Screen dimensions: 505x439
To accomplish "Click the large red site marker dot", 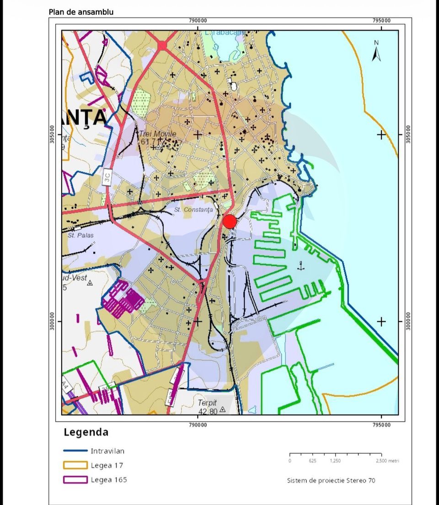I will coord(230,222).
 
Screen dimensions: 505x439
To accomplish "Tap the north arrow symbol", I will coord(376,51).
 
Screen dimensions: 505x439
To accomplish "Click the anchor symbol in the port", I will coord(300,266).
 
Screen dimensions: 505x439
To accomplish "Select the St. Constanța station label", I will coord(194,209).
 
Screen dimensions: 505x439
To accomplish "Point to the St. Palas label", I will coord(80,235).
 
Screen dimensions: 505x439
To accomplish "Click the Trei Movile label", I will coord(157,133).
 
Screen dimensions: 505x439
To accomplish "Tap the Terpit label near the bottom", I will coord(207,403).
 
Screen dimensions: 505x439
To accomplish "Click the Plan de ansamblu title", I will coord(81,12).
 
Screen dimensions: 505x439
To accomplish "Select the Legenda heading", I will coord(86,432).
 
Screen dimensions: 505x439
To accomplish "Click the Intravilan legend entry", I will coord(107,451).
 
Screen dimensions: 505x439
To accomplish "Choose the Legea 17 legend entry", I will coord(107,466).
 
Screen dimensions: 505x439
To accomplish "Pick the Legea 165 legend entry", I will coord(108,480).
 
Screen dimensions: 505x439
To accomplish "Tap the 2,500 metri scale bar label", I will coord(387,461).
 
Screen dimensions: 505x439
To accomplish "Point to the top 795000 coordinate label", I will coord(381,21).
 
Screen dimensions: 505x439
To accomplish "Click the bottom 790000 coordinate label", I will coord(198,425).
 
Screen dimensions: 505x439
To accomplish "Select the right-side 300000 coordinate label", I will coord(408,321).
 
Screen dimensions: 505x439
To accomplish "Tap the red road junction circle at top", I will coord(162,45).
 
